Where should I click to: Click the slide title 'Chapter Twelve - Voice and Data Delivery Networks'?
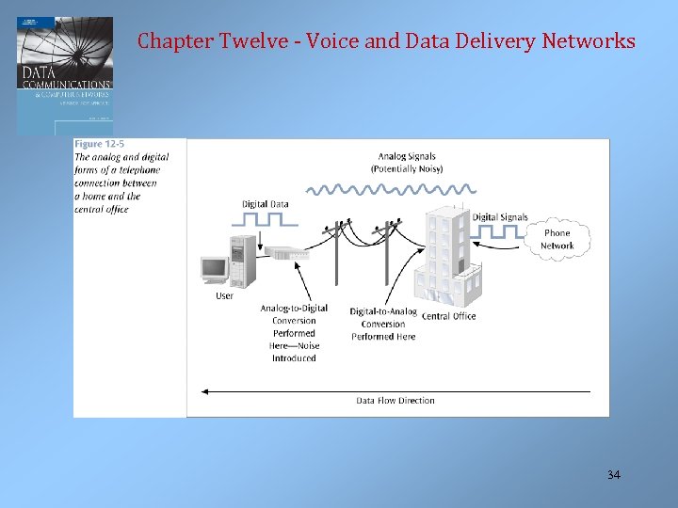tap(386, 41)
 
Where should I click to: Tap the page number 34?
tap(614, 475)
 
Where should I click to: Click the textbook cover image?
tap(64, 75)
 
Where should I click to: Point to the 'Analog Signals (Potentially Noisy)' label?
tap(407, 162)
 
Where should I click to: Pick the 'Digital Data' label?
tap(266, 203)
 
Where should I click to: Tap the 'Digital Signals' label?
tap(500, 217)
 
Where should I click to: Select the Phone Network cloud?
tap(557, 239)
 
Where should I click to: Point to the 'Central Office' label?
tap(449, 316)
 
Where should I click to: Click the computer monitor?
tap(215, 270)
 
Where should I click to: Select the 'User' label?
tap(224, 296)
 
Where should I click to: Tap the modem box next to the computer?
tap(282, 252)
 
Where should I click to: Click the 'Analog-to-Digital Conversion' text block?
tap(294, 333)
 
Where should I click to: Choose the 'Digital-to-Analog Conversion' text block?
tap(383, 324)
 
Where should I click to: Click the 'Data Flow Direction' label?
tap(395, 401)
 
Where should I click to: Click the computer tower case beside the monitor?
tap(242, 261)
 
